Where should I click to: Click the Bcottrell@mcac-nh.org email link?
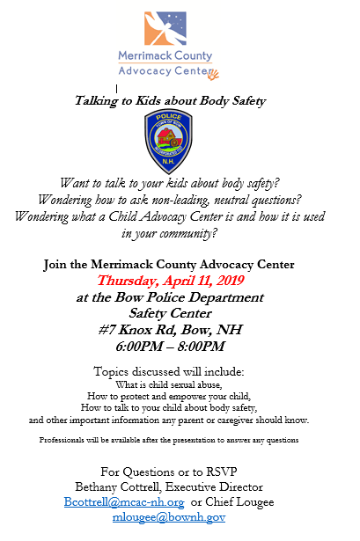coord(124,501)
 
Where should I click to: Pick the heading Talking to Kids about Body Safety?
coord(170,101)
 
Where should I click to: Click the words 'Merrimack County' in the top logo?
coord(165,56)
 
